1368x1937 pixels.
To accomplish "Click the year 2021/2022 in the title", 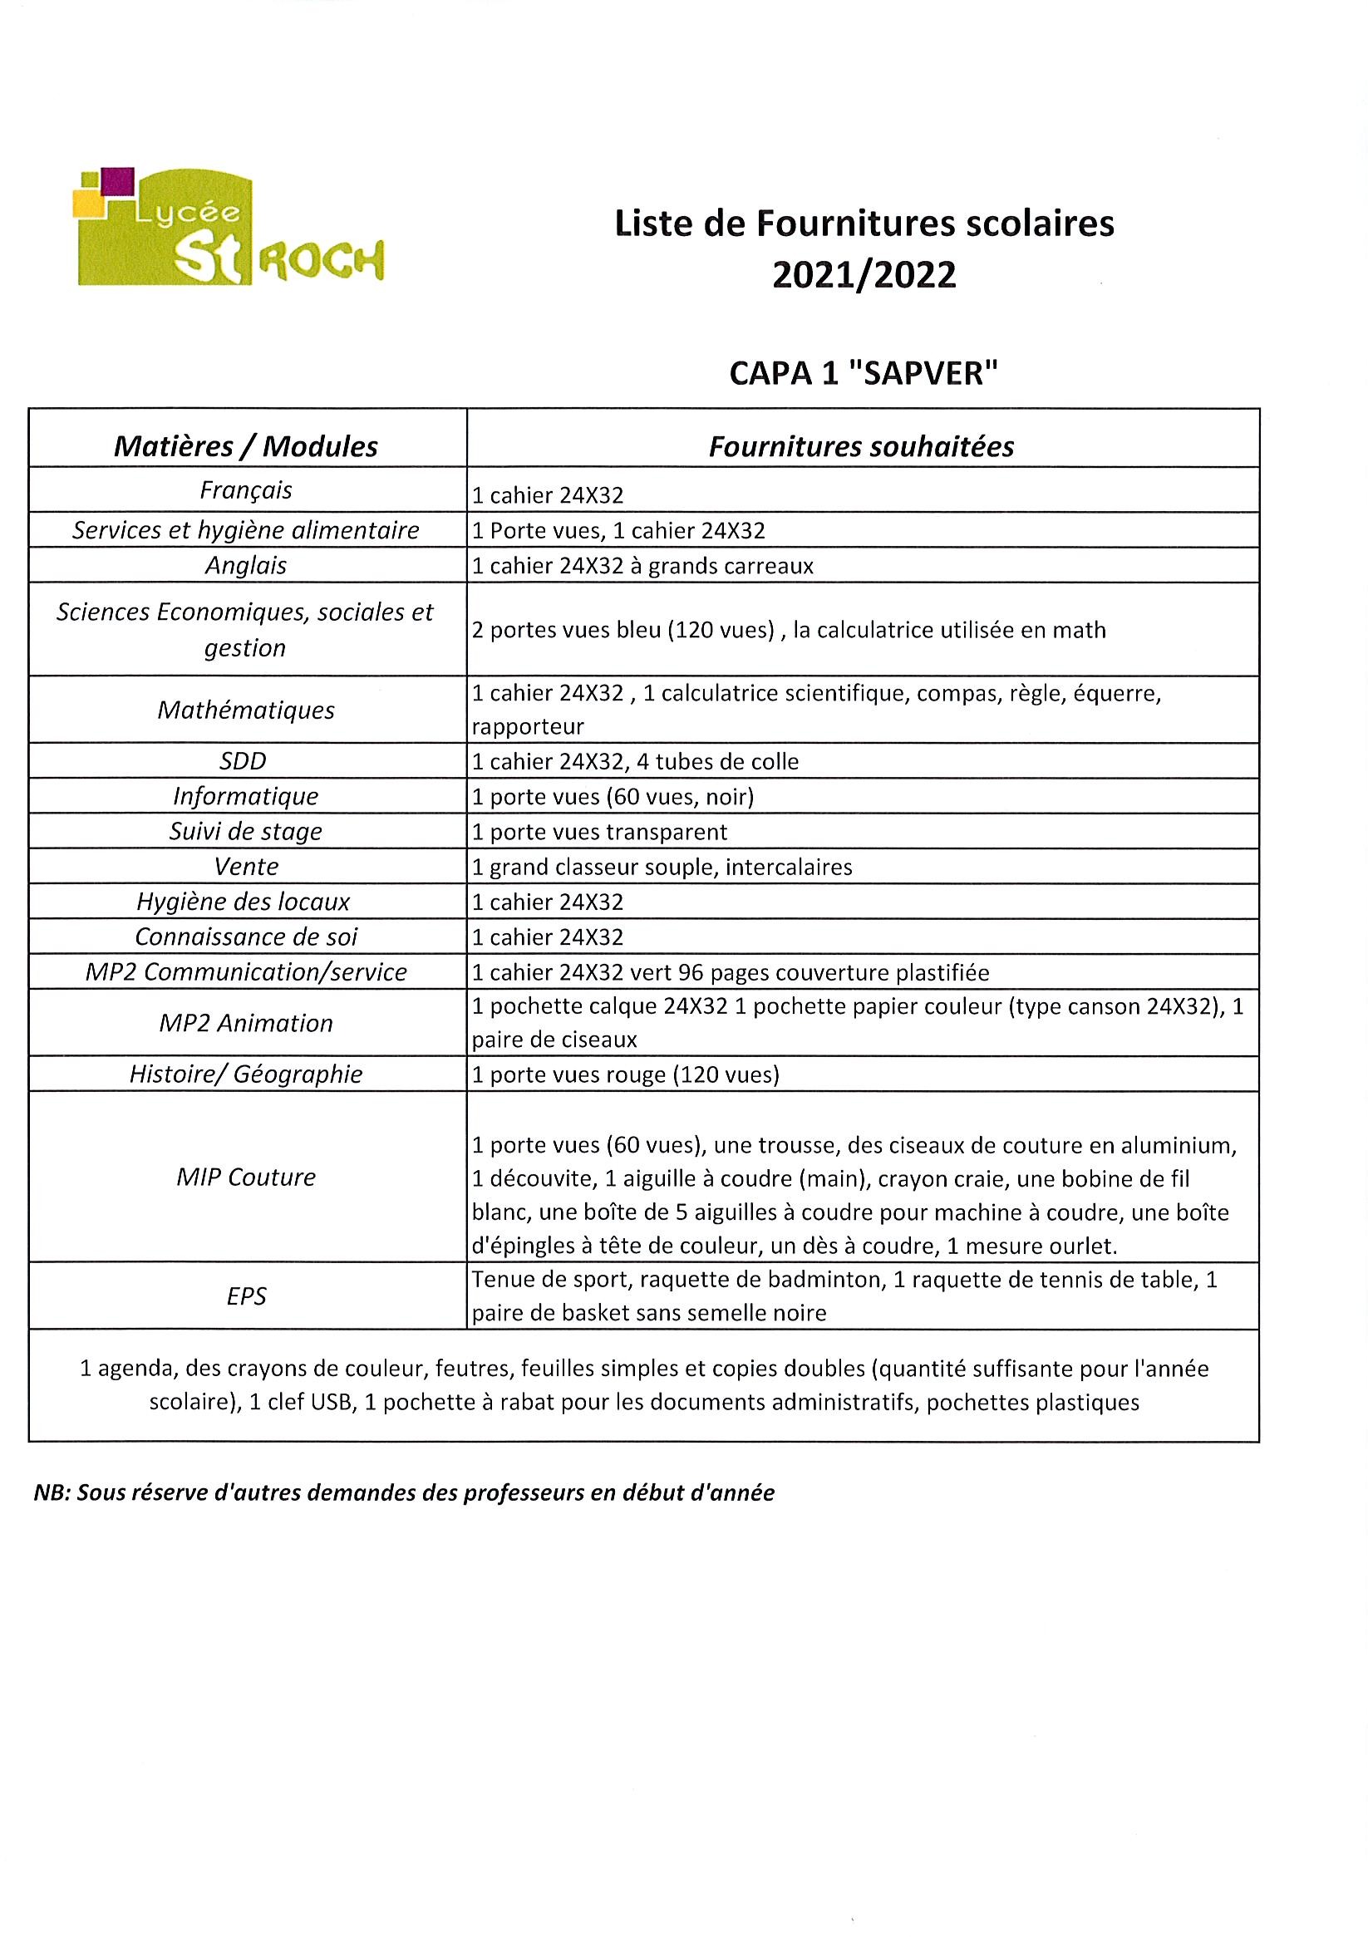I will click(x=864, y=275).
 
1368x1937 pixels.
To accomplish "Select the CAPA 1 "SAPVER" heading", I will click(x=864, y=373).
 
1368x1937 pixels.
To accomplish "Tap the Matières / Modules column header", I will click(x=245, y=446).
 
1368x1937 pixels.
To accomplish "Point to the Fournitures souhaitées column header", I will click(x=861, y=446).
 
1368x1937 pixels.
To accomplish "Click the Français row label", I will click(x=245, y=490).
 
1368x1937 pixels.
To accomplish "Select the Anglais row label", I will click(x=245, y=565).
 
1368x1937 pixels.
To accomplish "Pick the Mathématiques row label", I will click(x=245, y=710).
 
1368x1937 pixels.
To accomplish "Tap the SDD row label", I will click(x=243, y=761).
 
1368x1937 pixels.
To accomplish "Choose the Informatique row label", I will click(x=245, y=795).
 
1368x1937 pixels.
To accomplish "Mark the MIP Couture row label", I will click(x=245, y=1177).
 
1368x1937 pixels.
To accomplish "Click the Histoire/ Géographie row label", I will click(x=245, y=1074).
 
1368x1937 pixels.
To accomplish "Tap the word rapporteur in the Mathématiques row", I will click(x=528, y=726).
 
